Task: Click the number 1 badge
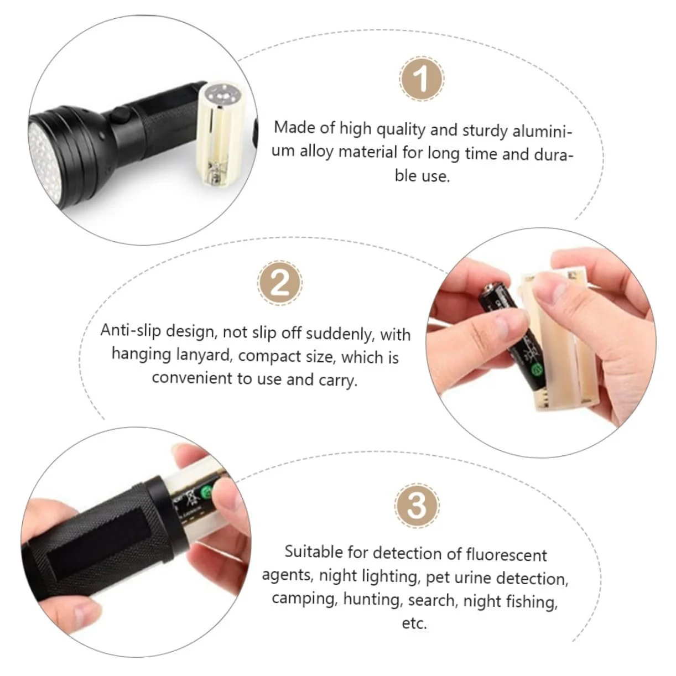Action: (x=422, y=79)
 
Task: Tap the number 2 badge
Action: (x=279, y=283)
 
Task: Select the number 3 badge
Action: (x=417, y=506)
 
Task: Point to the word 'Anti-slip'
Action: (x=131, y=330)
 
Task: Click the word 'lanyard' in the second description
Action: (x=204, y=354)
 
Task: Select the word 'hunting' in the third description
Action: (x=372, y=599)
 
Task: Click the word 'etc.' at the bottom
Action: (x=414, y=623)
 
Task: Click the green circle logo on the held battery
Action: (x=537, y=370)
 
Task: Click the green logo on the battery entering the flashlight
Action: (x=207, y=491)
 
